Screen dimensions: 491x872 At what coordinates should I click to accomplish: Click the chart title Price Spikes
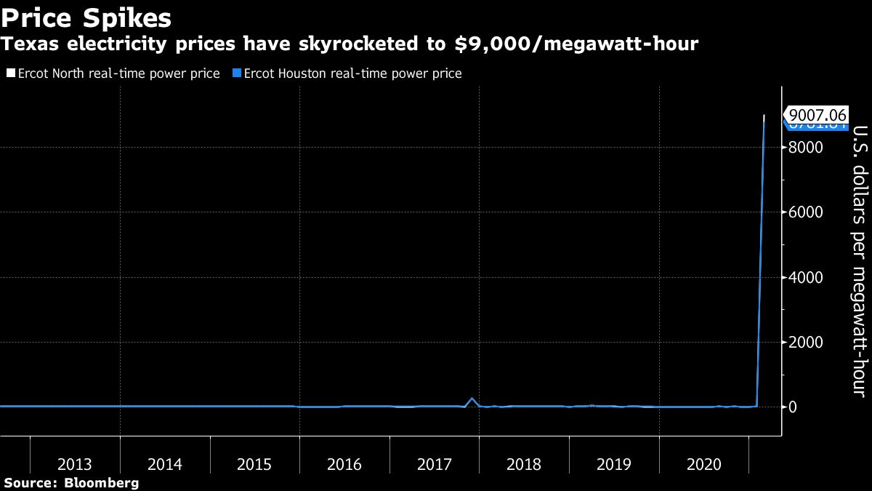pyautogui.click(x=86, y=17)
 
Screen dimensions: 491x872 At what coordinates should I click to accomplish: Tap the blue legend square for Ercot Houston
pyautogui.click(x=236, y=73)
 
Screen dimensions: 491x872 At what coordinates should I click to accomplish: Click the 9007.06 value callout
pyautogui.click(x=817, y=115)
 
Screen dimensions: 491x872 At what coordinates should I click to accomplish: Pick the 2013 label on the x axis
pyautogui.click(x=75, y=464)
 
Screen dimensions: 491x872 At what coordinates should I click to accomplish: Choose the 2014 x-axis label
pyautogui.click(x=165, y=464)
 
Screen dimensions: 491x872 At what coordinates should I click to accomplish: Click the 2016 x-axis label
pyautogui.click(x=344, y=464)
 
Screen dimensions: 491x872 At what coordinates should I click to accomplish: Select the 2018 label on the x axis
pyautogui.click(x=524, y=464)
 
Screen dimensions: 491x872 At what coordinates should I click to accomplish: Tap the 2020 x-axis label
pyautogui.click(x=703, y=464)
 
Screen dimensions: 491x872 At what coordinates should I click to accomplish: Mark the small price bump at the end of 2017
pyautogui.click(x=472, y=399)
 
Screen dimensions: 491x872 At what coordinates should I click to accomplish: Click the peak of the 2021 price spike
pyautogui.click(x=764, y=116)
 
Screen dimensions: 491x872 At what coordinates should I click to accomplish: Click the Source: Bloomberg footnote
pyautogui.click(x=70, y=483)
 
